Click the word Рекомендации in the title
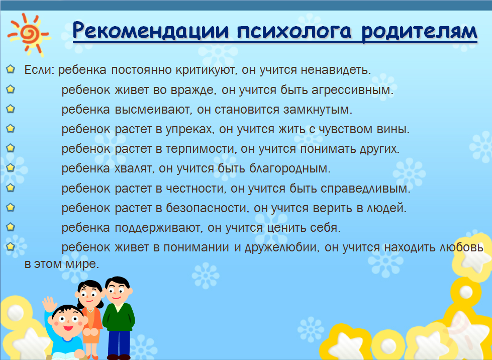[x=152, y=31]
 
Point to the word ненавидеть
[x=336, y=70]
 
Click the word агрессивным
[x=352, y=91]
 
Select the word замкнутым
[x=318, y=110]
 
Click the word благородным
[x=290, y=169]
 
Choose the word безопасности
[x=208, y=208]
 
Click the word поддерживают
[x=159, y=228]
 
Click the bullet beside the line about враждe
[x=11, y=89]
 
